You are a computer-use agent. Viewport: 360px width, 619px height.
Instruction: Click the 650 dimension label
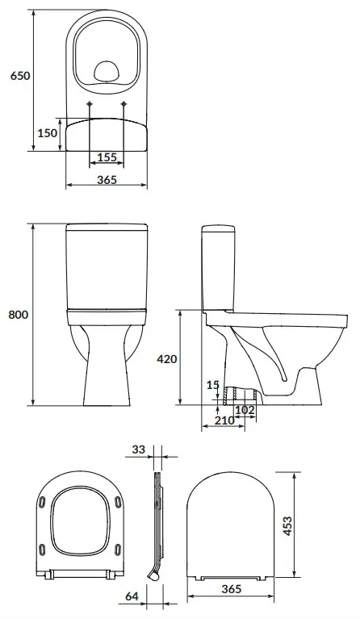coord(19,75)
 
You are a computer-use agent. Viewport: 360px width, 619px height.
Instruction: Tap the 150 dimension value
coord(48,133)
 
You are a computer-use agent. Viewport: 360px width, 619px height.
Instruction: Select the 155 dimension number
coord(107,157)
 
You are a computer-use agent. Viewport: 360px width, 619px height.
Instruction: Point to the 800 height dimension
coord(19,315)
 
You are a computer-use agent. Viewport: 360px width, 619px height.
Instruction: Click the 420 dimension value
coord(167,359)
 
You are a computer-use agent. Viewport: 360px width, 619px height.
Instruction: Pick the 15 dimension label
coord(213,384)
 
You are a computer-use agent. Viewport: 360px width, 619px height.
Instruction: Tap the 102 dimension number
coord(245,410)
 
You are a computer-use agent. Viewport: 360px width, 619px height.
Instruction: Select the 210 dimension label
coord(224,420)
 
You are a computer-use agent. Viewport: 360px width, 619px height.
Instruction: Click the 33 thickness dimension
coord(139,450)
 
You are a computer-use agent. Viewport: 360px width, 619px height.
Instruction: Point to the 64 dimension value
coord(132,596)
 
